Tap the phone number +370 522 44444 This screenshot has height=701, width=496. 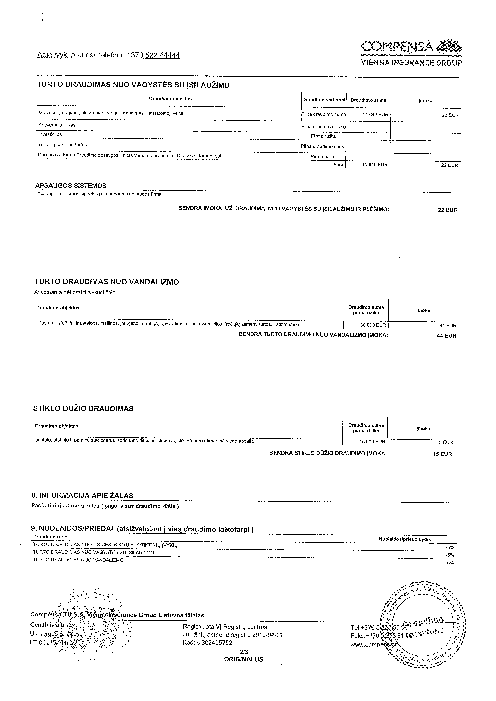(x=153, y=55)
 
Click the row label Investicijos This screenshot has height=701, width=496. (x=50, y=134)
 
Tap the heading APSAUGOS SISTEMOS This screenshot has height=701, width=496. (x=71, y=186)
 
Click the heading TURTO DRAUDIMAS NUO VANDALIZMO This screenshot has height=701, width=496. (x=107, y=282)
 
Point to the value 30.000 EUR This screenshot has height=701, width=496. (x=373, y=325)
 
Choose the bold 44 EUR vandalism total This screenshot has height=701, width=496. (x=447, y=336)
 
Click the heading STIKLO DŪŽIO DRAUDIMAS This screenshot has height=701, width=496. (x=83, y=409)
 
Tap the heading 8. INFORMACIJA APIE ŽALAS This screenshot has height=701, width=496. (x=82, y=495)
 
